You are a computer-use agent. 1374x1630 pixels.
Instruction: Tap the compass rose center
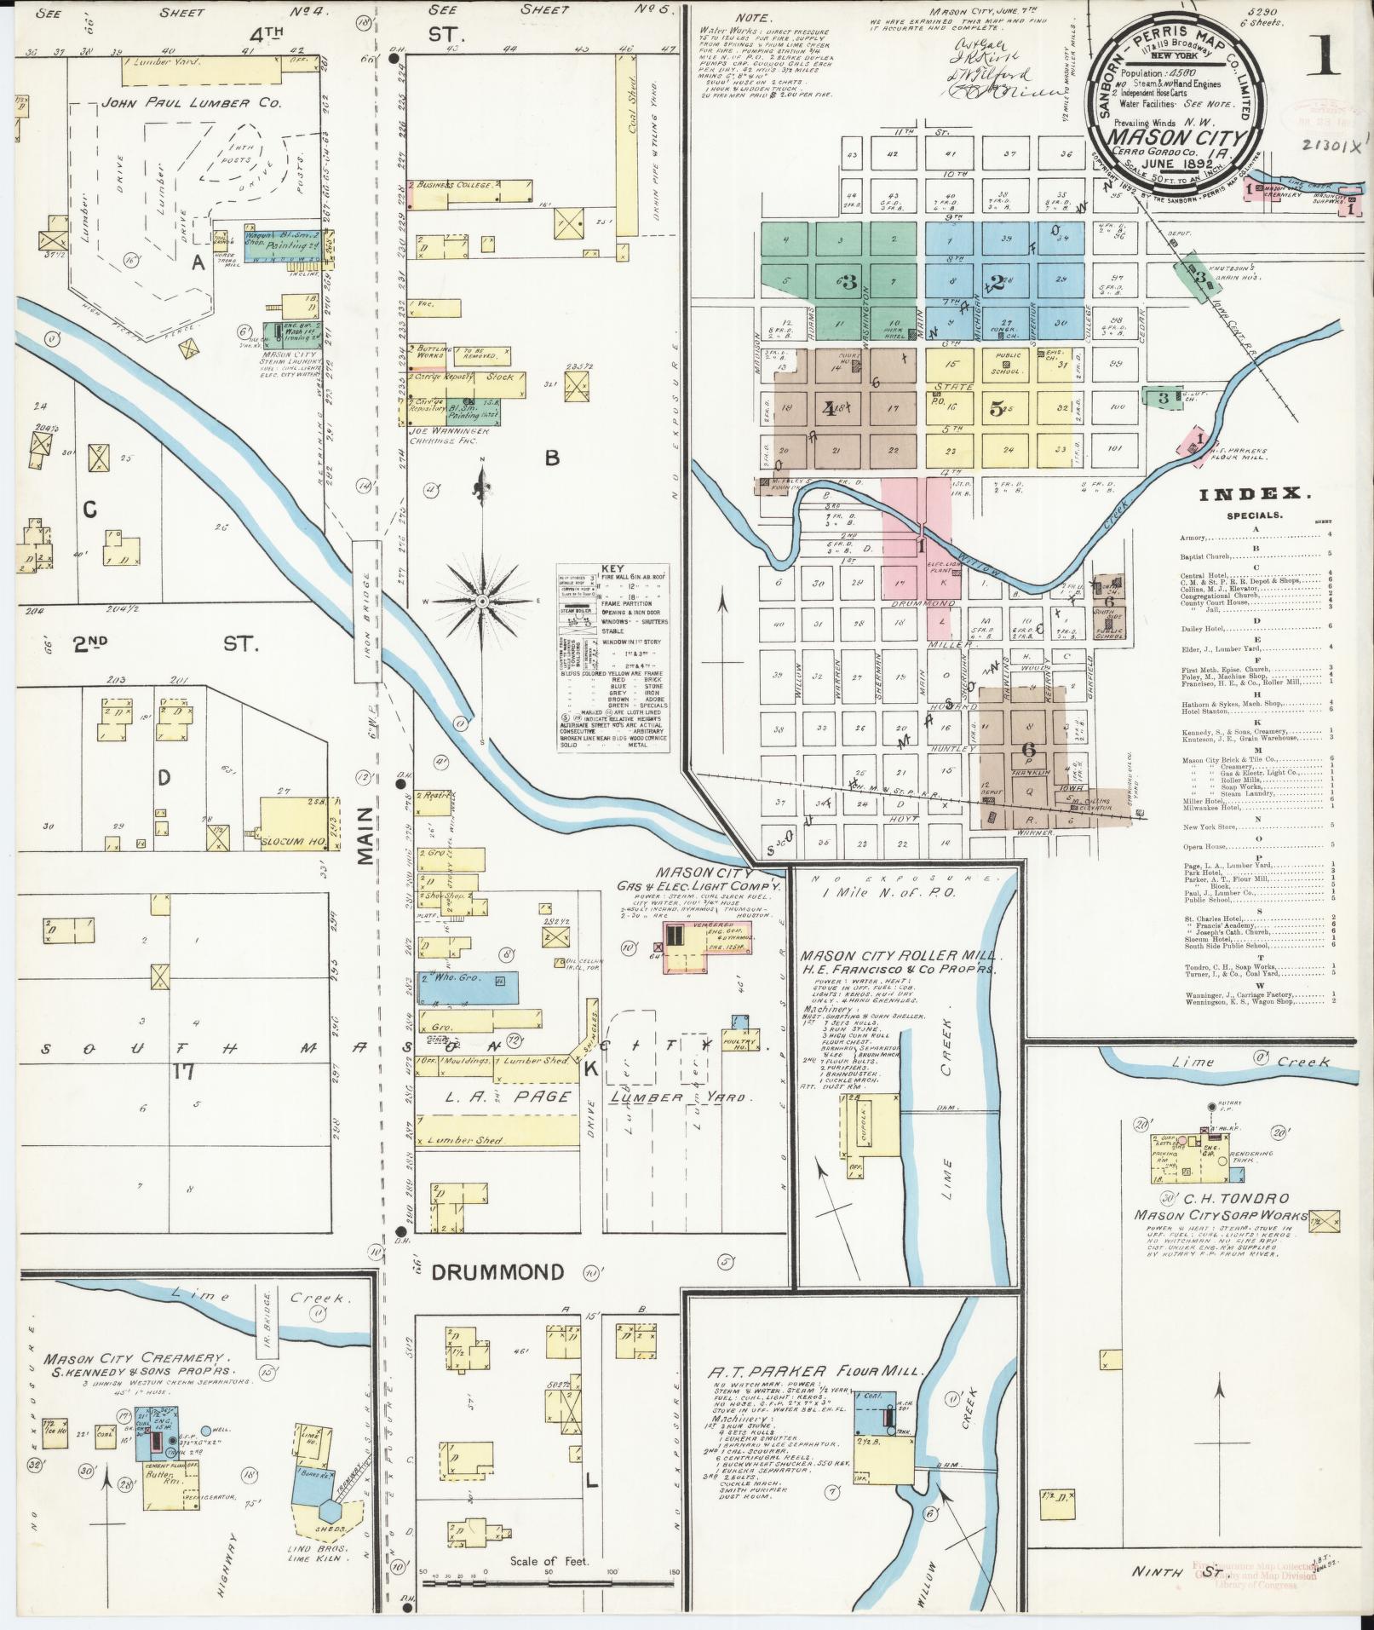[482, 602]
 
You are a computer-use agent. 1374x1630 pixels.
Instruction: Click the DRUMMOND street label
[497, 1272]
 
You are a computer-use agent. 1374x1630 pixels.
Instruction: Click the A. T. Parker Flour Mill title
[814, 1371]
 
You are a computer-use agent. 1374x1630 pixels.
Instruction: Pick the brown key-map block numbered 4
[829, 407]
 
